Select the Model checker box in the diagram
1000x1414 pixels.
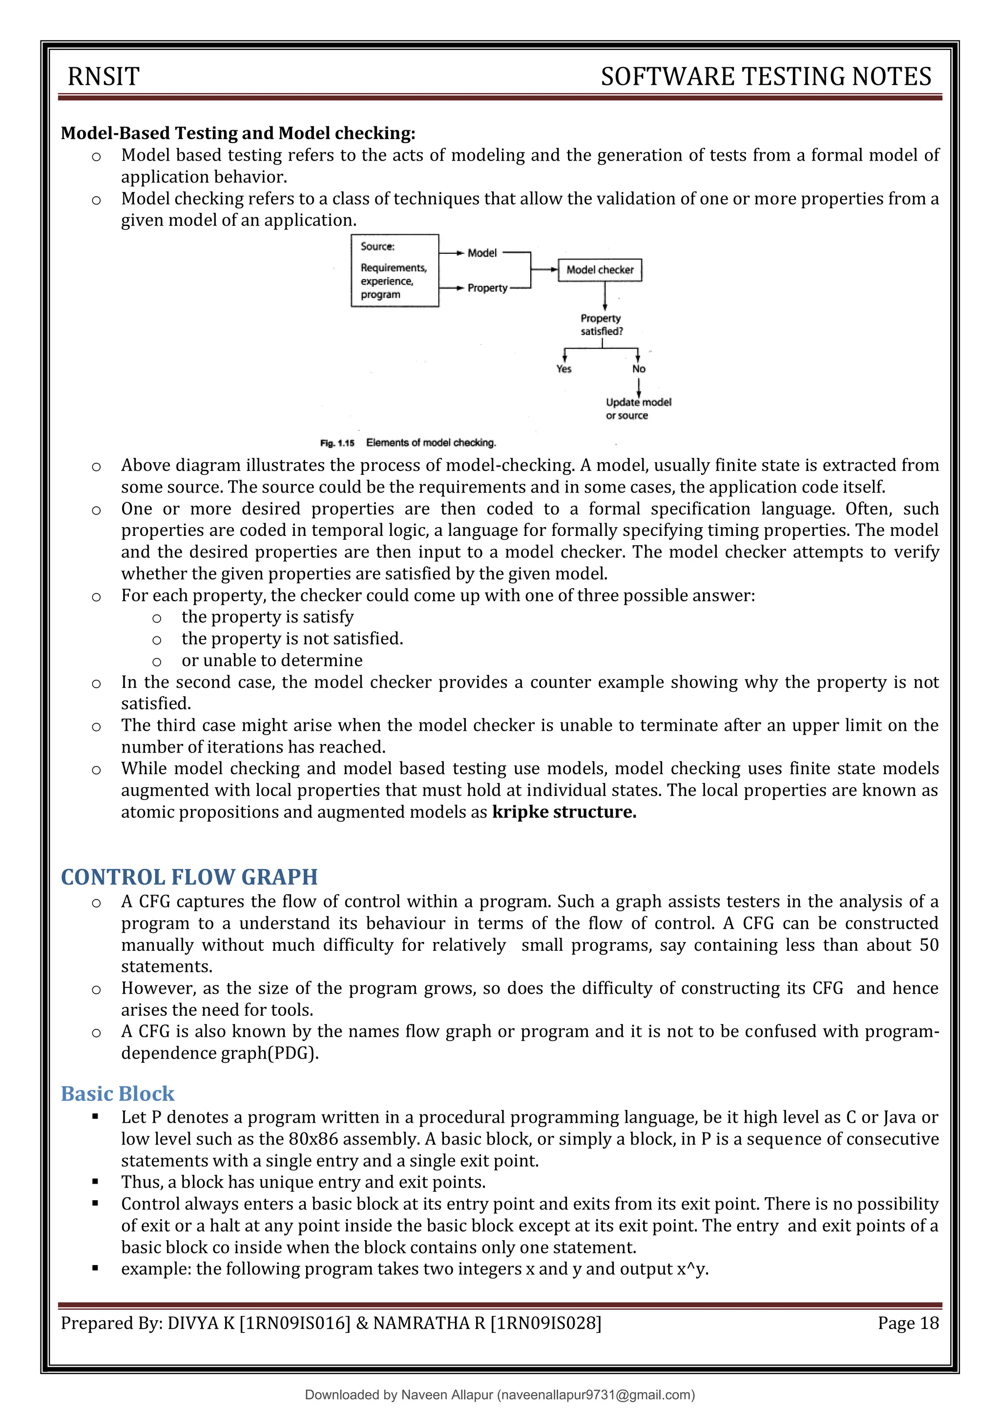point(600,270)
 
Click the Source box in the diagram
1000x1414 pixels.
point(395,270)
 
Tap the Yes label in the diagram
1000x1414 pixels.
point(564,369)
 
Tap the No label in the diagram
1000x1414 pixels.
point(638,369)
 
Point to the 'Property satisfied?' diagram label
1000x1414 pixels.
point(602,325)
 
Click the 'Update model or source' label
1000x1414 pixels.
point(638,409)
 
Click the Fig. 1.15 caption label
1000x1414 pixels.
point(337,443)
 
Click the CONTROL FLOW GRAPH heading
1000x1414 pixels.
point(189,877)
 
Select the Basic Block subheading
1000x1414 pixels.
point(118,1094)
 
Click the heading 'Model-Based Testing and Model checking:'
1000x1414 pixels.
point(238,133)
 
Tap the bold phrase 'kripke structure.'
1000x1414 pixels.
point(564,812)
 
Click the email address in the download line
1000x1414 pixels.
point(596,1395)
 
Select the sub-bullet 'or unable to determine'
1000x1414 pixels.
point(271,660)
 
